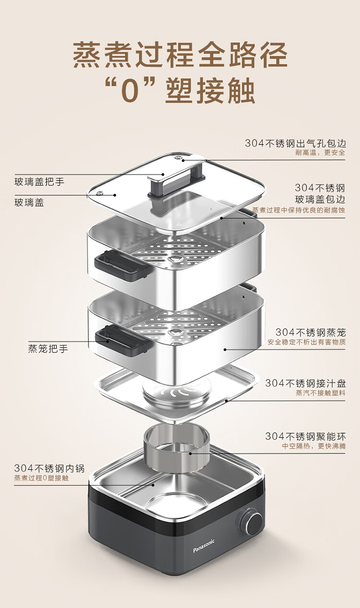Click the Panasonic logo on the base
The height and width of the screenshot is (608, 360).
pyautogui.click(x=204, y=546)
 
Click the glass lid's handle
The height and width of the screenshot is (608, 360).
pyautogui.click(x=176, y=180)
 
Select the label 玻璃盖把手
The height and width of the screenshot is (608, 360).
pyautogui.click(x=39, y=182)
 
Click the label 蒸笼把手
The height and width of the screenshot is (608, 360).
pyautogui.click(x=48, y=349)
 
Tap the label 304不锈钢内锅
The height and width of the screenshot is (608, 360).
pyautogui.click(x=49, y=468)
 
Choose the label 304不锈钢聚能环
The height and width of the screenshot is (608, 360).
pyautogui.click(x=305, y=437)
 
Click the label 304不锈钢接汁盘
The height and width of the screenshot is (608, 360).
pyautogui.click(x=305, y=383)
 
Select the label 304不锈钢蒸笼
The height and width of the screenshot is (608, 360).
pyautogui.click(x=310, y=332)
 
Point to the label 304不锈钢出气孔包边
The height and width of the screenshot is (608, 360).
pyautogui.click(x=295, y=143)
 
